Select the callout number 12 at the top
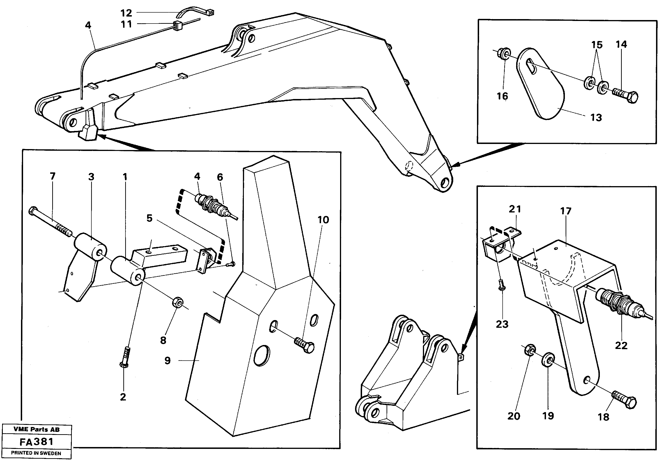126,13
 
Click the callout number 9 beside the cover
168,360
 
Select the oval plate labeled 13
540,86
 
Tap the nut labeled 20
529,350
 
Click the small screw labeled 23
501,287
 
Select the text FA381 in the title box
37,441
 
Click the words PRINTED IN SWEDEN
36,453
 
